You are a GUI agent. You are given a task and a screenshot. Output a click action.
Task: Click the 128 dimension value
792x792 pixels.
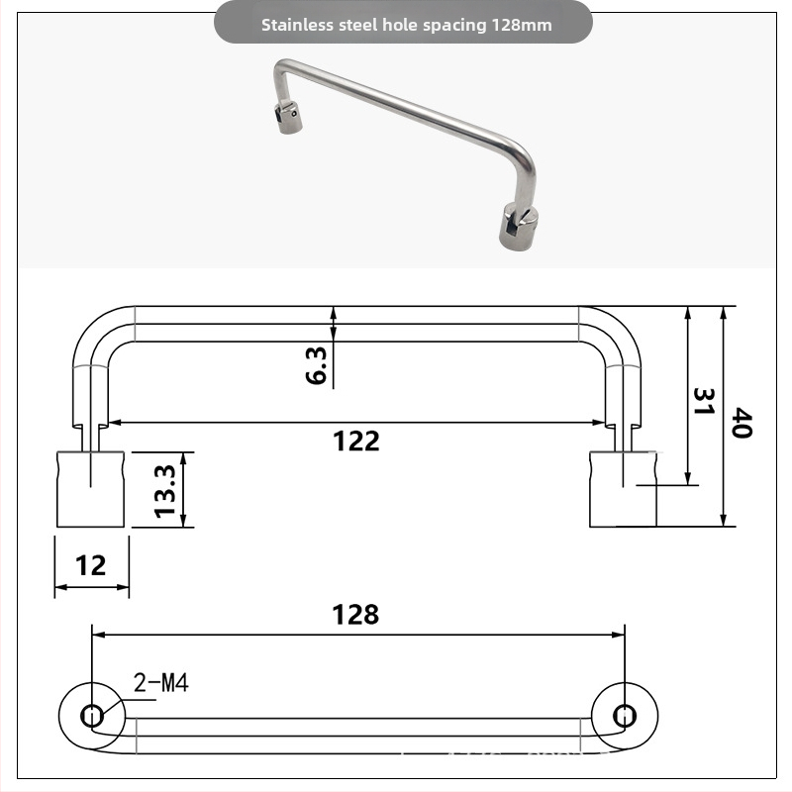click(355, 615)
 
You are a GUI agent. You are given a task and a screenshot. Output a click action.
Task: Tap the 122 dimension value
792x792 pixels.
click(356, 441)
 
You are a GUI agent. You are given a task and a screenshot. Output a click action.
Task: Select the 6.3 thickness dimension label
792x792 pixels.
click(317, 365)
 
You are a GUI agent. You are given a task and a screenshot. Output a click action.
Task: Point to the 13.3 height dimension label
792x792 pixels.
click(164, 491)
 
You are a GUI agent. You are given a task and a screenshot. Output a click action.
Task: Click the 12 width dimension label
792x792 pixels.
click(91, 565)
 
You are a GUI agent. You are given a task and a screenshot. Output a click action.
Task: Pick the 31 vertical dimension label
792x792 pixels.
click(703, 402)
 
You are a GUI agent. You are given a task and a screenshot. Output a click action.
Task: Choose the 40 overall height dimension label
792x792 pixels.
click(742, 423)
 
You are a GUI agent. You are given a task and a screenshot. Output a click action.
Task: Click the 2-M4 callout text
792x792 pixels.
click(160, 682)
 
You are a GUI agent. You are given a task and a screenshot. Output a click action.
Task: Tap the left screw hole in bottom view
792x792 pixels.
click(92, 716)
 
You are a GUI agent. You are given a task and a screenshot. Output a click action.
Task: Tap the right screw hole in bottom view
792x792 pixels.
click(625, 715)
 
